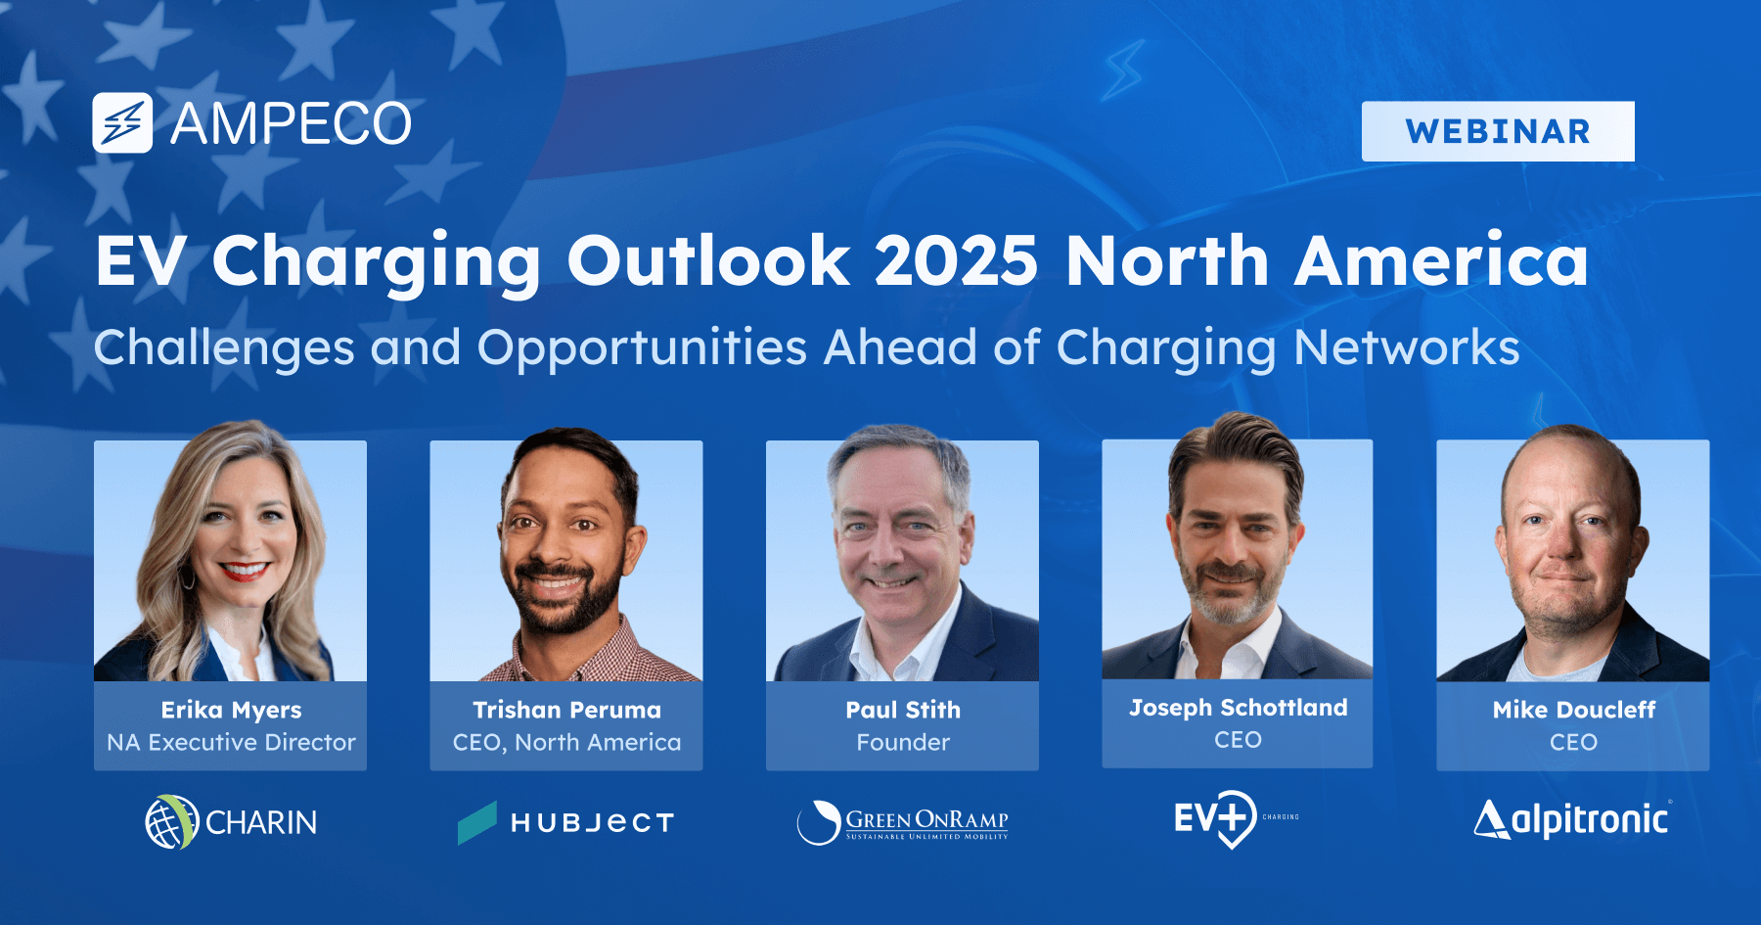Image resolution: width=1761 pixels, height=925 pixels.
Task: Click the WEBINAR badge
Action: (x=1498, y=131)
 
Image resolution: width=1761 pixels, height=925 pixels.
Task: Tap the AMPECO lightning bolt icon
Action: (x=122, y=123)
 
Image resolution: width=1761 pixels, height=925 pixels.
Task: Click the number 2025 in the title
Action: (x=955, y=261)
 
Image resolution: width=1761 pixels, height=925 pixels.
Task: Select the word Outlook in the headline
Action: (x=708, y=261)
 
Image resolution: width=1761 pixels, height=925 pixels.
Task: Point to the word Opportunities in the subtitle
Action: (x=642, y=347)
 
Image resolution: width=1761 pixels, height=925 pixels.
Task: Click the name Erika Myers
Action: (x=231, y=710)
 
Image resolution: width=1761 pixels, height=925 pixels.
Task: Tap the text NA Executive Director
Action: (x=231, y=742)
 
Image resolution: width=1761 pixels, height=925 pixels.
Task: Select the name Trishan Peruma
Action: (x=566, y=710)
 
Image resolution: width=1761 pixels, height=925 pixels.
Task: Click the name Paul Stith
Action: (x=902, y=710)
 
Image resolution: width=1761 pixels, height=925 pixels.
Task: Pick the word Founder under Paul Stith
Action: (x=902, y=742)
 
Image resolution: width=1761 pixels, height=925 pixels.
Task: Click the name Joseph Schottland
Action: (x=1238, y=708)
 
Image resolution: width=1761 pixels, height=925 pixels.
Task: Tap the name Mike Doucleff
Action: (x=1573, y=710)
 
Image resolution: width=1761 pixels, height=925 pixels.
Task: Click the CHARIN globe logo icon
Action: (x=171, y=822)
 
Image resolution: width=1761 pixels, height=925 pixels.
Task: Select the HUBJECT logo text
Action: (x=593, y=823)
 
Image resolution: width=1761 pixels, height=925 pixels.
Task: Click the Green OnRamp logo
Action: (x=902, y=822)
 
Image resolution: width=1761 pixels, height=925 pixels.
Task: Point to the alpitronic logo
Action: (x=1572, y=819)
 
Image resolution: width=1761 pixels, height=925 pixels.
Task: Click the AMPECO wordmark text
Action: (x=291, y=124)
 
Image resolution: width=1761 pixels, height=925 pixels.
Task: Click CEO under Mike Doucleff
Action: (x=1573, y=742)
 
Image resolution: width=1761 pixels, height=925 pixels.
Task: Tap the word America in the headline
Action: (x=1441, y=261)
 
